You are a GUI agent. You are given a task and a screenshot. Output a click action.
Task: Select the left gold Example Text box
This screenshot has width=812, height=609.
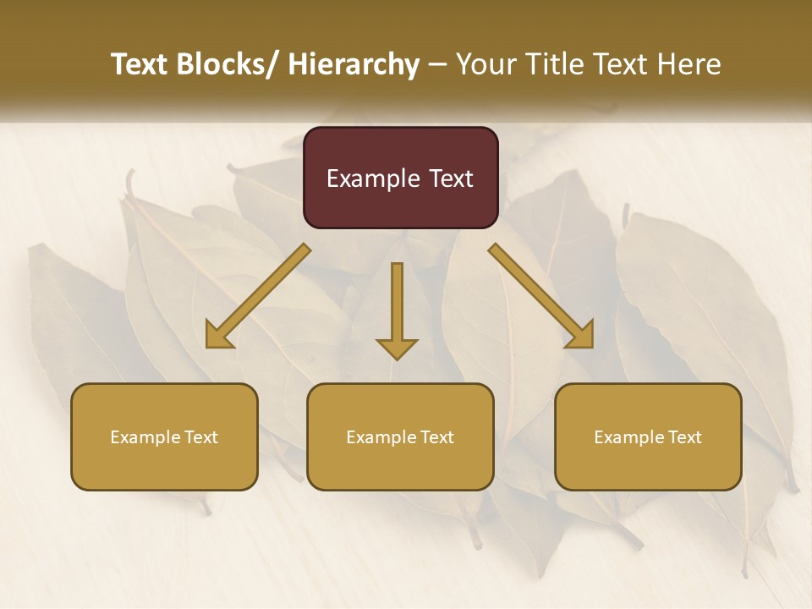[x=164, y=436]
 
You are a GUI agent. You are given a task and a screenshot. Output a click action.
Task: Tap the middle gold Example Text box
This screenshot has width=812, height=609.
[x=400, y=436]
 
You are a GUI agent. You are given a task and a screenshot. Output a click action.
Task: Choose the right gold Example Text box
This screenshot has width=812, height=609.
[x=648, y=436]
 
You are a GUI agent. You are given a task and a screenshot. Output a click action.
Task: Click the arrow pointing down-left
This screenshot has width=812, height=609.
[x=258, y=296]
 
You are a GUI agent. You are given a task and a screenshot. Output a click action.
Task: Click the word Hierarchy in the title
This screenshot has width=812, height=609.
[x=354, y=65]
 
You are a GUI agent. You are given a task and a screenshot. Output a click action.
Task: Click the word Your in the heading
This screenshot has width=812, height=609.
[x=484, y=65]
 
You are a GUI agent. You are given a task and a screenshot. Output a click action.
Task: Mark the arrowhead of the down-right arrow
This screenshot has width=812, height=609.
[x=583, y=336]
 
